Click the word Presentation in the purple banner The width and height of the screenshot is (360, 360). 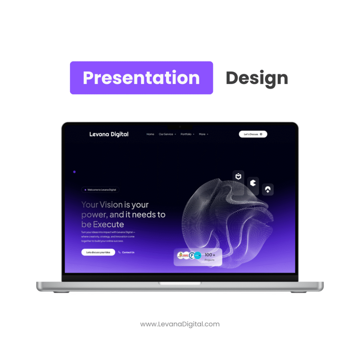point(141,78)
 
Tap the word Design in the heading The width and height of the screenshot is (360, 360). point(257,78)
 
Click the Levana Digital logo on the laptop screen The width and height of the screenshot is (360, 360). point(109,134)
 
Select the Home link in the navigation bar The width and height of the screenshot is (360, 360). point(150,134)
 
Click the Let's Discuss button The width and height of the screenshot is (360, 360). point(253,134)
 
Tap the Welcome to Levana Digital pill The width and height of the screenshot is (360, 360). point(101,190)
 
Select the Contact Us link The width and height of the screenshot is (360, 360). point(128,252)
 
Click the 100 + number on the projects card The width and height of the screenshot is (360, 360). point(210,255)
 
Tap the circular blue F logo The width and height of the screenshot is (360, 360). point(192,256)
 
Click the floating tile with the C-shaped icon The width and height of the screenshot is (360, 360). point(253,183)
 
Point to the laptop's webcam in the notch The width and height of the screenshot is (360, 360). point(180,127)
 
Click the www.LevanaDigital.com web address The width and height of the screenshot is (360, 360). point(180,324)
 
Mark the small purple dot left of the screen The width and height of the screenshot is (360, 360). point(74,172)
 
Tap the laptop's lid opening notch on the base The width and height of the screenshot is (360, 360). point(180,283)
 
